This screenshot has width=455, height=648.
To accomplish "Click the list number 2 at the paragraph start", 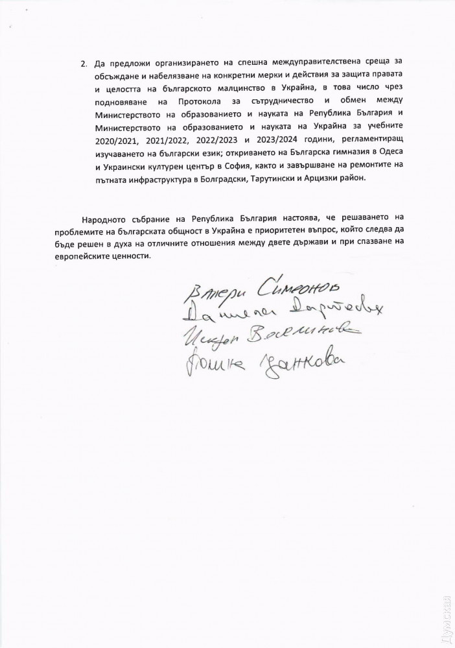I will [83, 66].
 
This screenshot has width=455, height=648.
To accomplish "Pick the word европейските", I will [102, 256].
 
